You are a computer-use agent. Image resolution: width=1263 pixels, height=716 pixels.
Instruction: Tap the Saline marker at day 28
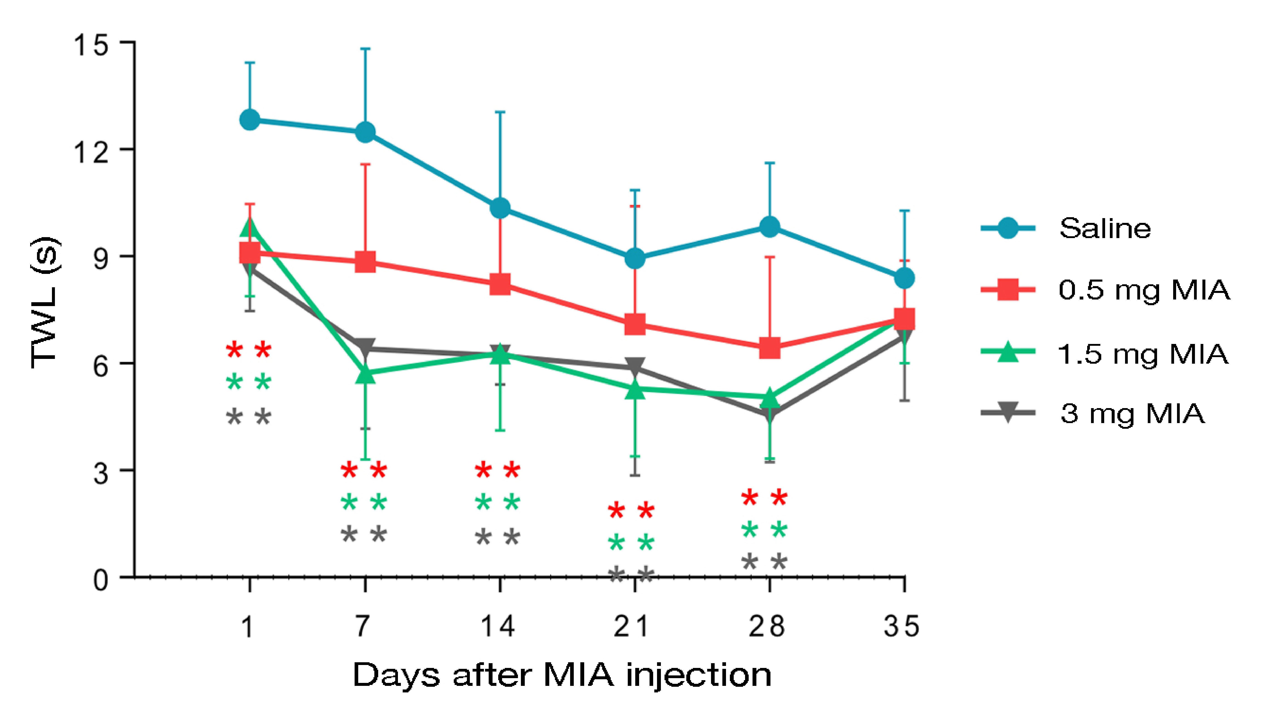[x=770, y=227]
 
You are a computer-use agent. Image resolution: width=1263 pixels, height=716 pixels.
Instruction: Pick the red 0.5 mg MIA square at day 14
[x=500, y=284]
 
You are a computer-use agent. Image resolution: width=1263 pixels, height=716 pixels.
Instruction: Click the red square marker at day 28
[x=770, y=348]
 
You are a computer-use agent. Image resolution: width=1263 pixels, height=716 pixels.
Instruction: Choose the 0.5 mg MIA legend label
[x=1144, y=290]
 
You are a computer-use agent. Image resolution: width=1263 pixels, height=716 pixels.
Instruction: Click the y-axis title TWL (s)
[x=45, y=302]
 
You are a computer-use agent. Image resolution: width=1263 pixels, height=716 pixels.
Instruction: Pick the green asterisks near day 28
[x=764, y=530]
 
